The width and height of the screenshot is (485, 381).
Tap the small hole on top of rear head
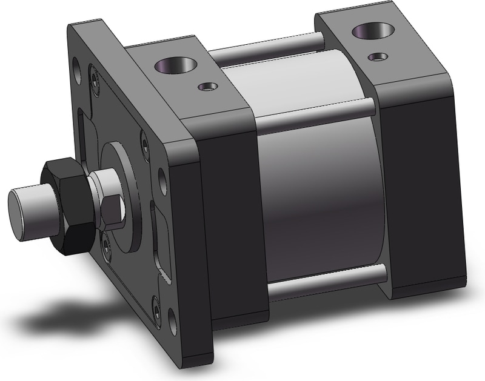click(x=380, y=56)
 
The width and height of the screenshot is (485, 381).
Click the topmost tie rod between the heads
click(x=267, y=51)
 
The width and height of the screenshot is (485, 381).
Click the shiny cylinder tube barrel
click(x=321, y=194)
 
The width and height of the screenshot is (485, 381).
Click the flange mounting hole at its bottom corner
click(x=156, y=311)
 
